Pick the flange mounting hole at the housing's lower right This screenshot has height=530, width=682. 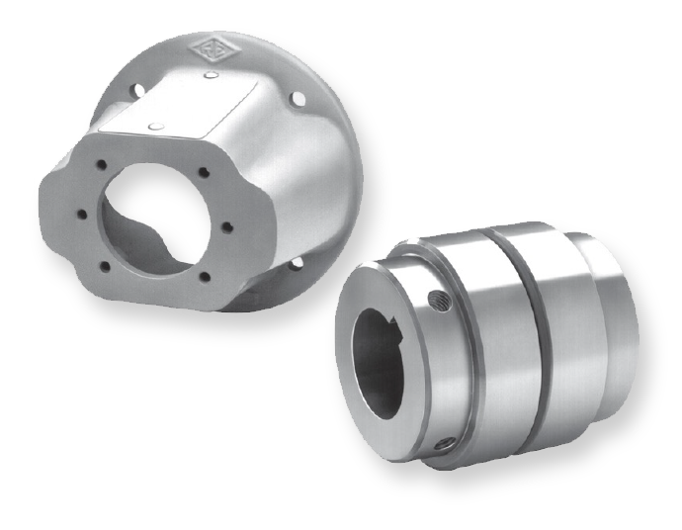(x=298, y=262)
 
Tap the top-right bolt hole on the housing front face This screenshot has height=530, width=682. (x=204, y=173)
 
